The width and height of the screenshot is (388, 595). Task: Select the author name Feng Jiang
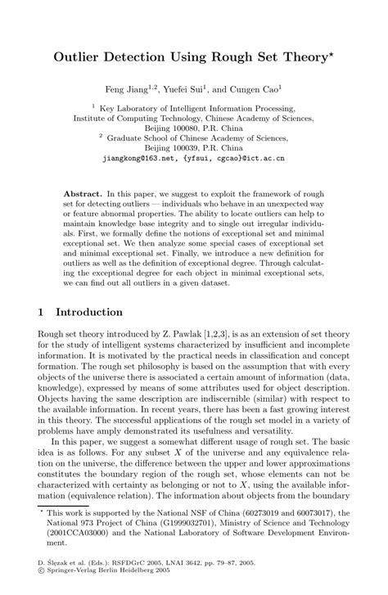click(142, 88)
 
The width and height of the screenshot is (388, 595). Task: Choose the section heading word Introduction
click(90, 312)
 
